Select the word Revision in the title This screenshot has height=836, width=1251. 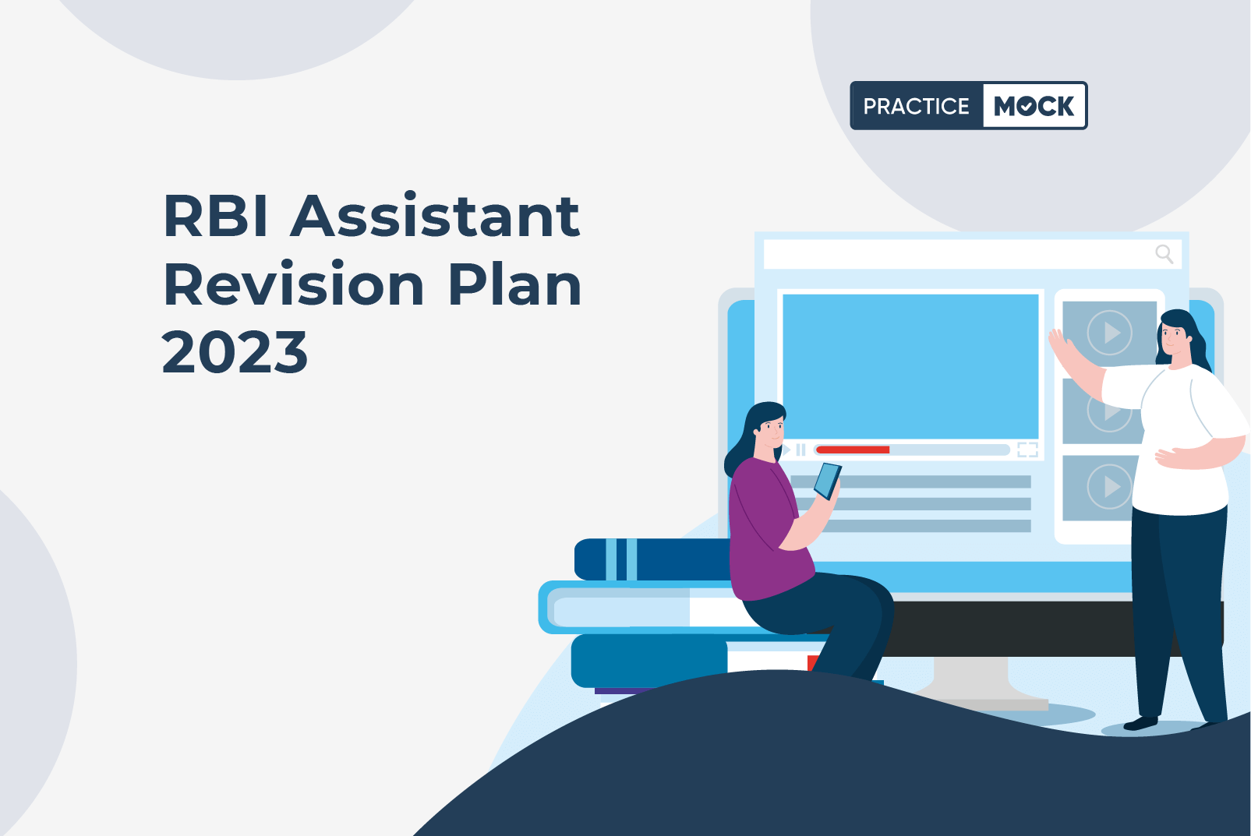tap(294, 284)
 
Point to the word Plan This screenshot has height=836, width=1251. tap(514, 284)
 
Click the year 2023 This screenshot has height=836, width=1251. tap(235, 351)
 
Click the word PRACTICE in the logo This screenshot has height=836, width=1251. tap(916, 106)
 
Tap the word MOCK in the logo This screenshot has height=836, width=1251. tap(1034, 106)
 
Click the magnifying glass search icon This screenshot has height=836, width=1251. tap(1164, 254)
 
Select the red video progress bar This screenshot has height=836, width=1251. tap(853, 450)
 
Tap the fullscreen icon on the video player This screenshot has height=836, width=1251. tap(1027, 450)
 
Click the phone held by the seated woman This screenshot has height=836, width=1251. tap(828, 481)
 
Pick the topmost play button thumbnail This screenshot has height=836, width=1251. tap(1110, 333)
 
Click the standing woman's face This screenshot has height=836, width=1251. tap(1173, 337)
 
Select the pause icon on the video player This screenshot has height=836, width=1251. tap(800, 450)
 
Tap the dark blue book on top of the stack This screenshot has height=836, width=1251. tap(652, 559)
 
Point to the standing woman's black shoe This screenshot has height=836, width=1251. tap(1140, 723)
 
